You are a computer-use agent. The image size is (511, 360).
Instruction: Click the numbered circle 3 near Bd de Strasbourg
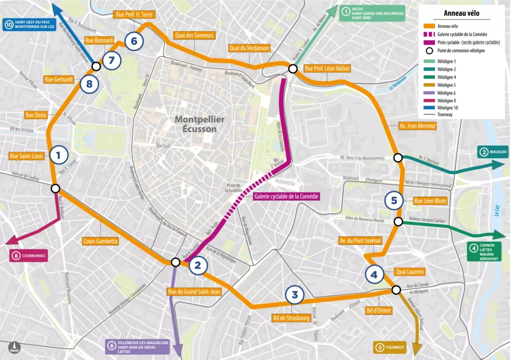click(x=294, y=295)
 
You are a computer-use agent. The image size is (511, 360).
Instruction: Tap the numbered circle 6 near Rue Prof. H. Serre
click(x=134, y=41)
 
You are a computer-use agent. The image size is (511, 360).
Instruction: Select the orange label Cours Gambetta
click(x=101, y=241)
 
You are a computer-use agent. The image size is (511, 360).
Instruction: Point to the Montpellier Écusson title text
click(x=200, y=124)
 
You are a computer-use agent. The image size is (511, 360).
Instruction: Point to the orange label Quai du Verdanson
click(x=249, y=48)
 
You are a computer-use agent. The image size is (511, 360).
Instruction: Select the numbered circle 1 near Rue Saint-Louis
click(x=58, y=155)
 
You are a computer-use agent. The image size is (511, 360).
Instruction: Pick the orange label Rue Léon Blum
click(x=430, y=201)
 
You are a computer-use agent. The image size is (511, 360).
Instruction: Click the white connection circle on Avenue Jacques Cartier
click(x=398, y=221)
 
